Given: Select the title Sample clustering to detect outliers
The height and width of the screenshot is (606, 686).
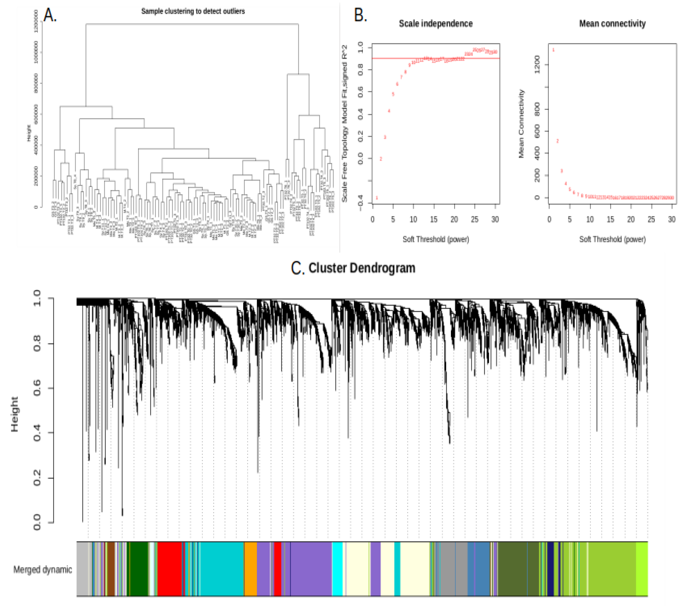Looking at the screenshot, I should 193,11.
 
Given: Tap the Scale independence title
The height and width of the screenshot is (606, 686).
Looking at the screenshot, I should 435,23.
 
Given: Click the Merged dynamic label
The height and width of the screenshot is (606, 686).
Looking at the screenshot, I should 43,569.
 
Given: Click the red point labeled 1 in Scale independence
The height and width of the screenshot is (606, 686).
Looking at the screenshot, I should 377,198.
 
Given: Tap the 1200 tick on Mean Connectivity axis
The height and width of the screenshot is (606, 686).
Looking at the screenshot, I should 537,64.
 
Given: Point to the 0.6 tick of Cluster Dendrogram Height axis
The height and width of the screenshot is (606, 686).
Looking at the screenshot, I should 37,388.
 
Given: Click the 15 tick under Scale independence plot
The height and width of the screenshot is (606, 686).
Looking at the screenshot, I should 434,220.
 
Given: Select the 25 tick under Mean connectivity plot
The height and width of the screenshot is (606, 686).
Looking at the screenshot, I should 651,220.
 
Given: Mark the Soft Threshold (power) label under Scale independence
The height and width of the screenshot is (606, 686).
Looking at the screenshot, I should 435,239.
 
